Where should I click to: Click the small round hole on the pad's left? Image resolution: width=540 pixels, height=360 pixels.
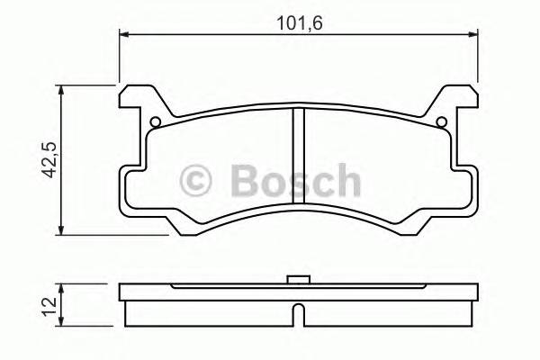point(154,123)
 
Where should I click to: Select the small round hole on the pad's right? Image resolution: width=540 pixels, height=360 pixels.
point(441,123)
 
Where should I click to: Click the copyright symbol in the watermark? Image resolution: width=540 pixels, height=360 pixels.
point(197,181)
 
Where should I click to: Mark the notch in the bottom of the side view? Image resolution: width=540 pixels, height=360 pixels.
point(296,315)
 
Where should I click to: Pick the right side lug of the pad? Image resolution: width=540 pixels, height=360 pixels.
point(468,189)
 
